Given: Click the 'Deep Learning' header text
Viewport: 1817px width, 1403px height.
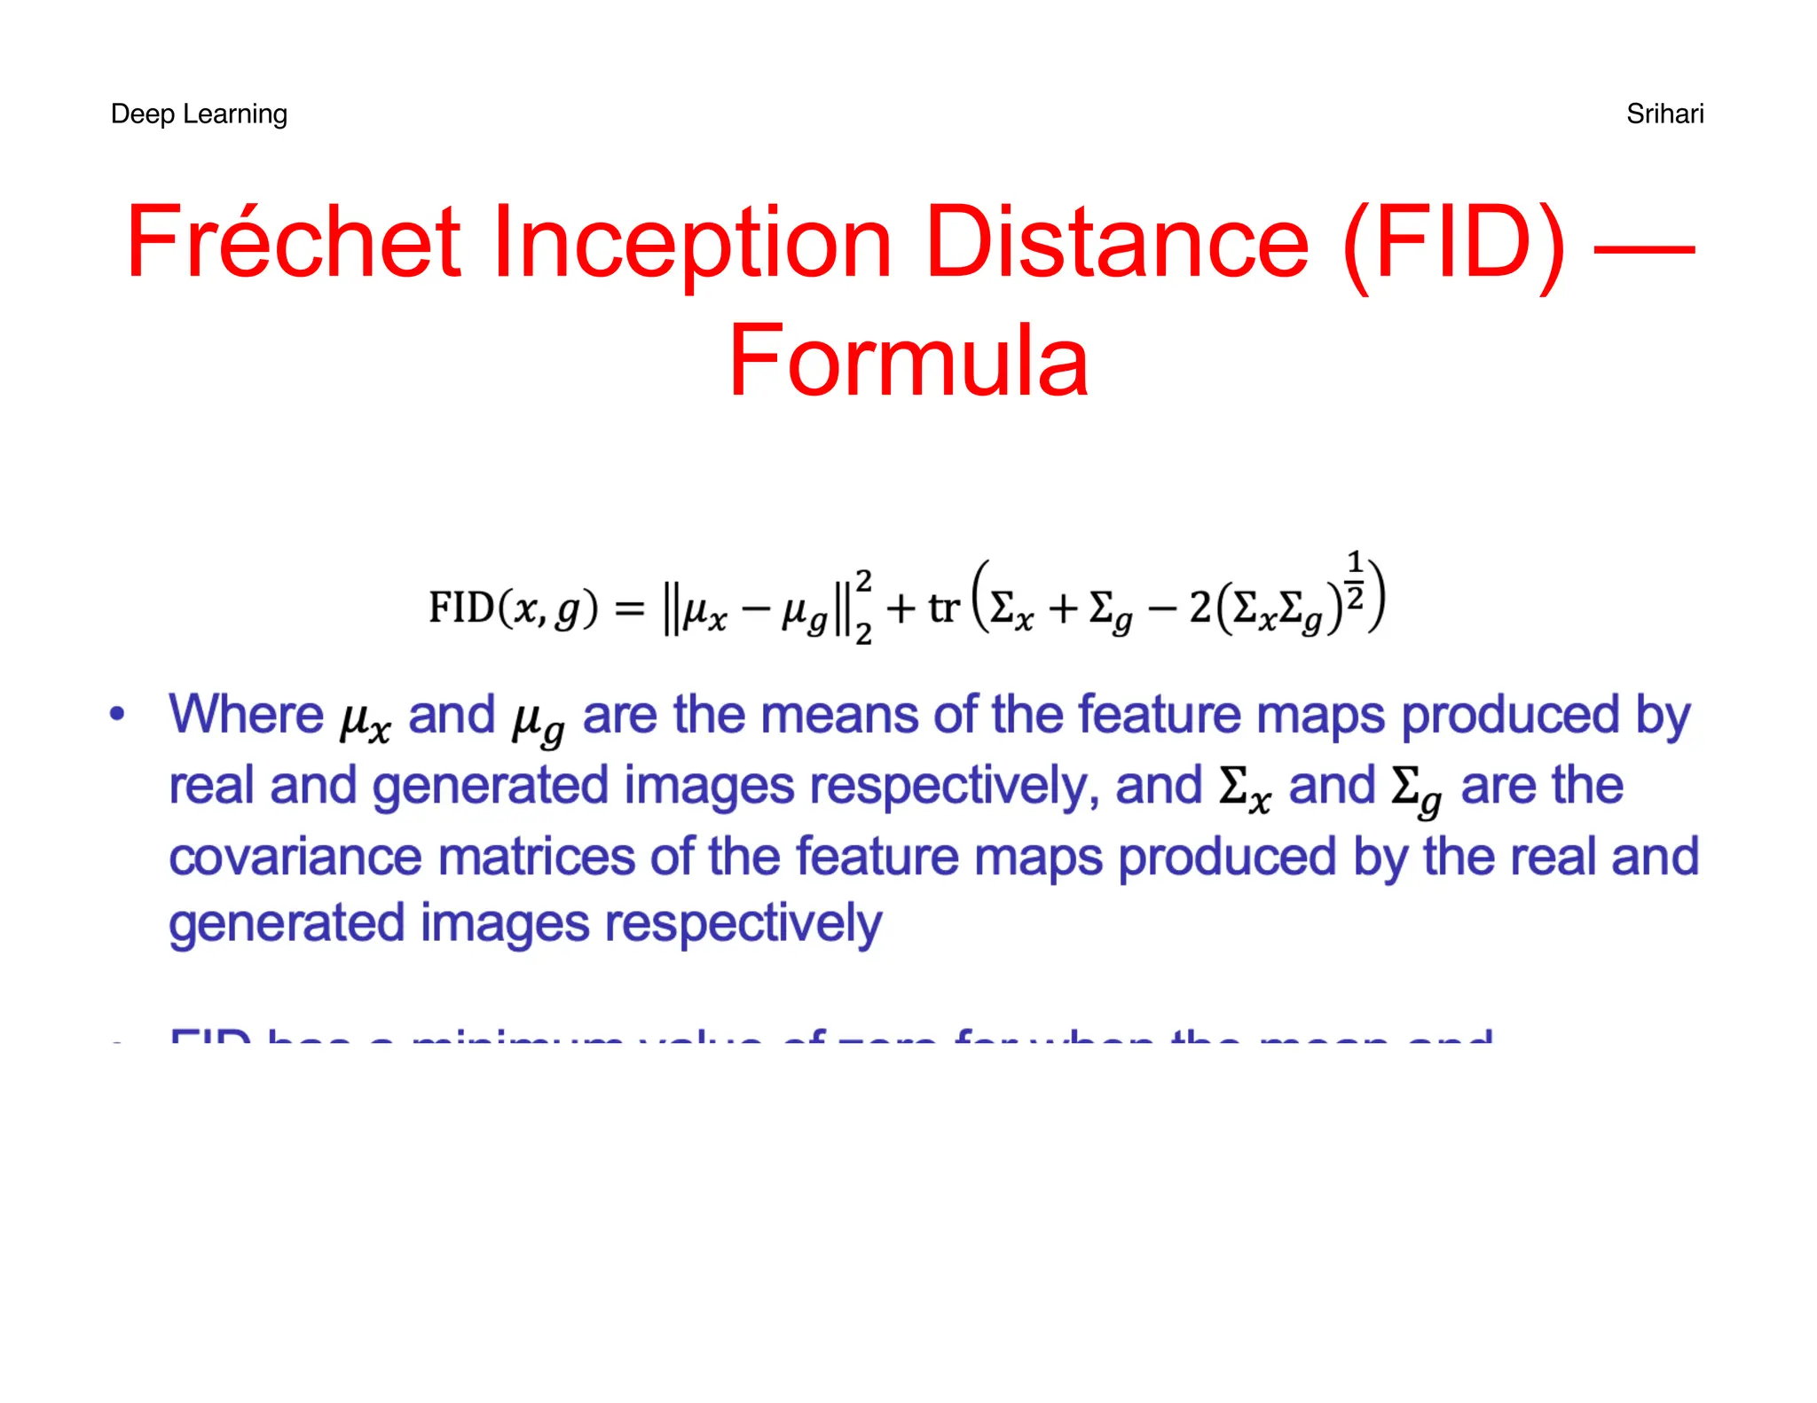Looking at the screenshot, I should (199, 114).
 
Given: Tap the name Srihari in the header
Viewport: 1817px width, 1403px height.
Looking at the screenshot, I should (1664, 114).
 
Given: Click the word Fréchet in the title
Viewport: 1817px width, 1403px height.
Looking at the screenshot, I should (294, 241).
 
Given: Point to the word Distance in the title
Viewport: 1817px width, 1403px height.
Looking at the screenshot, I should (1116, 241).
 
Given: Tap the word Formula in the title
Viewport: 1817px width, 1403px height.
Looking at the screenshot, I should (908, 361).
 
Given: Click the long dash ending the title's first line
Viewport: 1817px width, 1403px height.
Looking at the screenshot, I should (1644, 248).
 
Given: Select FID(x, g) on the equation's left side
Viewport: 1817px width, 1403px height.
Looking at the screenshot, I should (514, 608).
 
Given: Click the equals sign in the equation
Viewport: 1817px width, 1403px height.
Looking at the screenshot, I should (630, 608).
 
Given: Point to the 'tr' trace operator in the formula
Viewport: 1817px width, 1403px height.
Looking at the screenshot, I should (944, 608).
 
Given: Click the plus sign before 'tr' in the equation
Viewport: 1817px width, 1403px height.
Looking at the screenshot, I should (901, 608).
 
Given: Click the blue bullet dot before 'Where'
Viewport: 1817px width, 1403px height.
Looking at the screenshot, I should (116, 714).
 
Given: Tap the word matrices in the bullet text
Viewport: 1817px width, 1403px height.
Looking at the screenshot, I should (535, 857).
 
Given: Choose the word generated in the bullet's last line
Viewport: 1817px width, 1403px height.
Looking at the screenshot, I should (287, 924).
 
